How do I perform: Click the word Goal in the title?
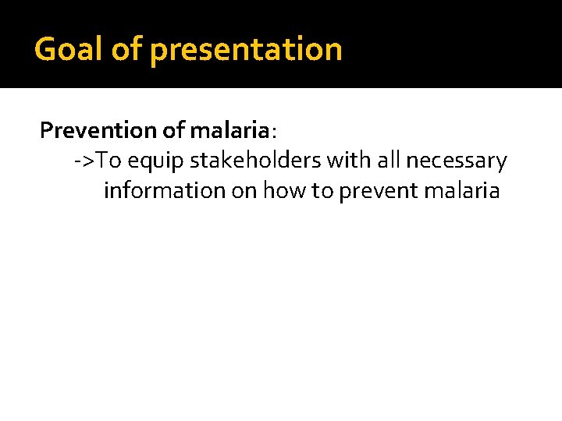[69, 49]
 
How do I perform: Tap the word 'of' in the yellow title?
[126, 49]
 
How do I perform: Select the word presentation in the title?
[246, 49]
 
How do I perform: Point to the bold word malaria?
[229, 130]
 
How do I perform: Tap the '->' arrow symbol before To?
[84, 161]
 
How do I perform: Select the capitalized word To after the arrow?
[109, 161]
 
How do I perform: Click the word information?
[164, 190]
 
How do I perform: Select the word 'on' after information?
[244, 191]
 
